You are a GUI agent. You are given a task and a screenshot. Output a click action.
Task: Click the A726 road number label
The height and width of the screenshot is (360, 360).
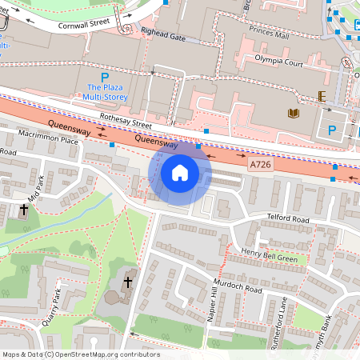click(x=259, y=164)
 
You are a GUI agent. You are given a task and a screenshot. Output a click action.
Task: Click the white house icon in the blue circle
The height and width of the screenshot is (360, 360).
click(x=180, y=173)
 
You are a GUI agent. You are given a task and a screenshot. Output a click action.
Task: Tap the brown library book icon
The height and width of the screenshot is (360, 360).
click(x=293, y=114)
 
